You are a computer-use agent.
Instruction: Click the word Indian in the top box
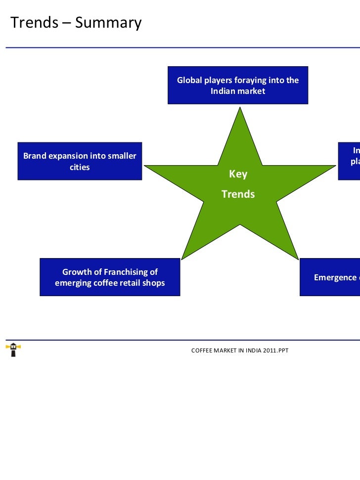(224, 91)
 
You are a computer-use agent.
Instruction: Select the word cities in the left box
(80, 167)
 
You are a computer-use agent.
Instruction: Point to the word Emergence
(335, 277)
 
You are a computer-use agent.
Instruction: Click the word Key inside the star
(238, 175)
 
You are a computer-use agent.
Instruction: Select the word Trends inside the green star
(238, 194)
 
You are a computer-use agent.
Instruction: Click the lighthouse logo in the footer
(13, 349)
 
